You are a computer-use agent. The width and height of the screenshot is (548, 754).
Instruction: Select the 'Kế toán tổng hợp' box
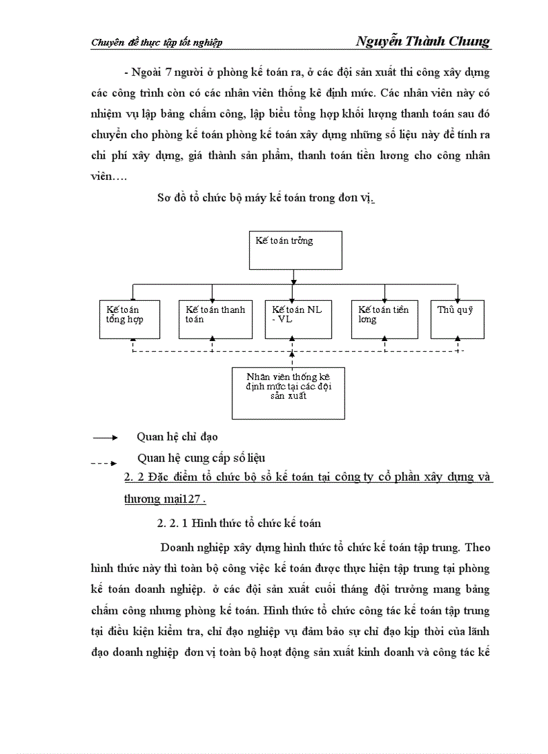(x=132, y=319)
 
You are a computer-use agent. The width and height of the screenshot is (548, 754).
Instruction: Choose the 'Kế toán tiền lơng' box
(x=384, y=319)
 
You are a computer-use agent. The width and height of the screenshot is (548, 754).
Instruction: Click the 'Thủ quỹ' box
(x=457, y=319)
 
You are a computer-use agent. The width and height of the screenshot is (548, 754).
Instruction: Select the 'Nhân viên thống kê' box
(x=288, y=393)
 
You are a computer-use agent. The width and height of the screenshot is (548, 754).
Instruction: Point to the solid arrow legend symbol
(x=105, y=438)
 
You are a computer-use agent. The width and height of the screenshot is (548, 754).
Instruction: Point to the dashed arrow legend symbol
(x=104, y=463)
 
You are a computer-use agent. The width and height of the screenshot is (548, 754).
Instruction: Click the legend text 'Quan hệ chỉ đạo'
(x=177, y=437)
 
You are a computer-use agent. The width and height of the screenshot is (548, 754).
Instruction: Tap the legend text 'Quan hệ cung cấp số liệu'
(x=201, y=458)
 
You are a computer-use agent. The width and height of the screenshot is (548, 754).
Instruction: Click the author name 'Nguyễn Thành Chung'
(x=422, y=42)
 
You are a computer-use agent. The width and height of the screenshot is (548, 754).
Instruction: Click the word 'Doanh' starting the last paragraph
(x=177, y=547)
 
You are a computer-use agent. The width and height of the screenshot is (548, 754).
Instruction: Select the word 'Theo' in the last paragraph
(x=477, y=547)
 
